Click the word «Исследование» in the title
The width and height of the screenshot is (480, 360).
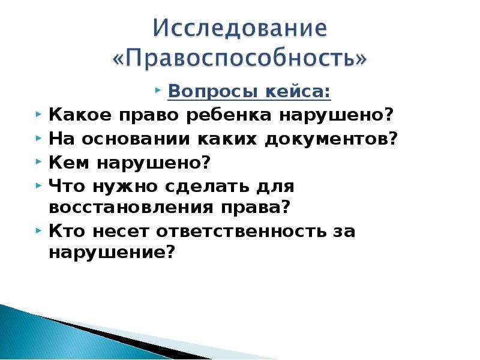(240, 28)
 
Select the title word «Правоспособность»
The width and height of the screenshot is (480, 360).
(239, 58)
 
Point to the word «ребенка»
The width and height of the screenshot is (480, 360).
(229, 115)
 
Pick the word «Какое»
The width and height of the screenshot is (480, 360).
(80, 115)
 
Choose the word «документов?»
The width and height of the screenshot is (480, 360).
(331, 139)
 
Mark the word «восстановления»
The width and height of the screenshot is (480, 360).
(131, 208)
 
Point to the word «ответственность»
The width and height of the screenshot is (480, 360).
(241, 231)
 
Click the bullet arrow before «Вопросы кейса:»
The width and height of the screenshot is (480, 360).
(158, 91)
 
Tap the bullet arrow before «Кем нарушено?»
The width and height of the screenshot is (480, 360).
(38, 161)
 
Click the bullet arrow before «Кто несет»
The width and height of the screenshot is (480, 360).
(38, 230)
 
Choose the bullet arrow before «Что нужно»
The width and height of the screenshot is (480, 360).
(38, 185)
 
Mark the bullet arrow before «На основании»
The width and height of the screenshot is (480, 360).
(38, 138)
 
